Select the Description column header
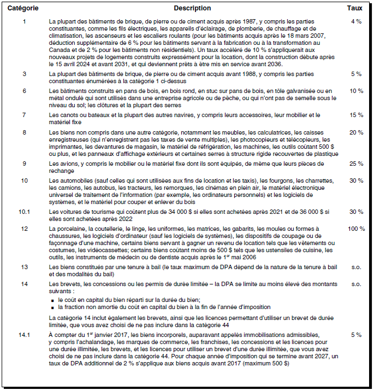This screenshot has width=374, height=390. pyautogui.click(x=192, y=8)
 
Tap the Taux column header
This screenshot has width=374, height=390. pyautogui.click(x=354, y=8)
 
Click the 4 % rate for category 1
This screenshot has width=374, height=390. pyautogui.click(x=356, y=21)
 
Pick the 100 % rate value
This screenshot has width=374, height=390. pyautogui.click(x=356, y=228)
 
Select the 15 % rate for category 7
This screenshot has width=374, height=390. pyautogui.click(x=356, y=115)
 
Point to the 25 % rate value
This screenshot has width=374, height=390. pyautogui.click(x=356, y=164)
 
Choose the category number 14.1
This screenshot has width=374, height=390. pyautogui.click(x=24, y=334)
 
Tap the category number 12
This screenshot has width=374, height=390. pyautogui.click(x=24, y=228)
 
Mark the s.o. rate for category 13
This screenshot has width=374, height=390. pyautogui.click(x=356, y=267)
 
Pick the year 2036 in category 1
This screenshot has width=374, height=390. pyautogui.click(x=289, y=63)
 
